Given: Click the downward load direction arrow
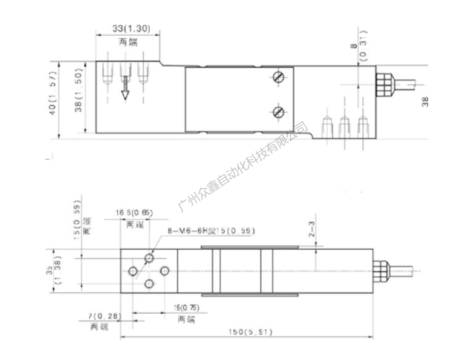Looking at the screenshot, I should coord(124,87).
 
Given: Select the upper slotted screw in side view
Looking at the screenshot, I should coord(278,78).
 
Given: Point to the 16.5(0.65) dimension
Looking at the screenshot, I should coord(135,213).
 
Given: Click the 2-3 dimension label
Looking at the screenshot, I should coord(312,231).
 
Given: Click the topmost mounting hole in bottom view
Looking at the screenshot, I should coord(149,257).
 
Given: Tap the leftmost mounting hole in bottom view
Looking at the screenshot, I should coord(132,271).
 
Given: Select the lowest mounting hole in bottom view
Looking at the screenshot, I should coord(149,284).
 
